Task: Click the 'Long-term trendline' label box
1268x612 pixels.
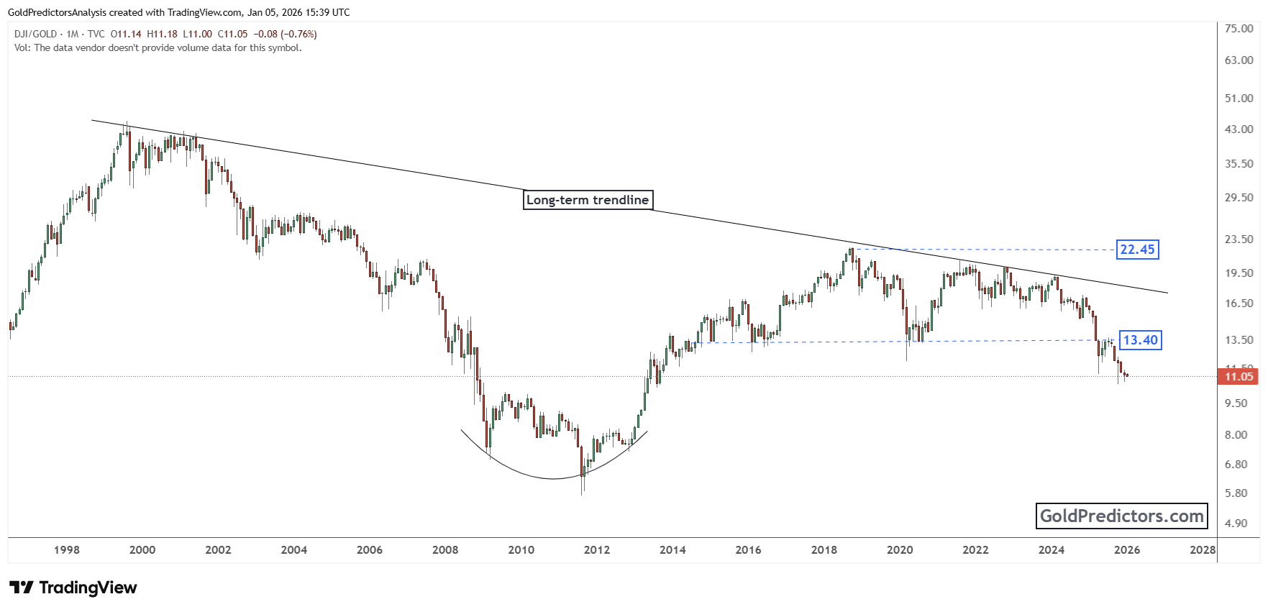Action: pyautogui.click(x=588, y=200)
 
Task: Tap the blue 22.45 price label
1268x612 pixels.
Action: pyautogui.click(x=1137, y=250)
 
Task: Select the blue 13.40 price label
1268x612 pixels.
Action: pyautogui.click(x=1140, y=340)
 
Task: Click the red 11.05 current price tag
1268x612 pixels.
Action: pyautogui.click(x=1238, y=376)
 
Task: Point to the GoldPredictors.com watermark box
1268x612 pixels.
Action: pyautogui.click(x=1121, y=516)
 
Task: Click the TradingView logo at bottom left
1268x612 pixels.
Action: pyautogui.click(x=73, y=588)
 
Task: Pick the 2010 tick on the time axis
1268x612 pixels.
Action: pyautogui.click(x=521, y=550)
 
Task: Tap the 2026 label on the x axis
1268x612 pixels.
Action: pyautogui.click(x=1126, y=550)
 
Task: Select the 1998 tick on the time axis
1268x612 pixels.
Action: pyautogui.click(x=67, y=550)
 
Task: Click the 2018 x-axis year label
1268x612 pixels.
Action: pyautogui.click(x=824, y=550)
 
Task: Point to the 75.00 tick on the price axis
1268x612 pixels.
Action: pyautogui.click(x=1239, y=28)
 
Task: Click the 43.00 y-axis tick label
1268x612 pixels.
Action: pyautogui.click(x=1239, y=129)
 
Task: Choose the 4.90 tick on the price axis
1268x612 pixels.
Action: pyautogui.click(x=1236, y=523)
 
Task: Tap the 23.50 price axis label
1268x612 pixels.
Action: pyautogui.click(x=1239, y=239)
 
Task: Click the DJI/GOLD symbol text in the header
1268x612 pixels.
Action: pyautogui.click(x=35, y=34)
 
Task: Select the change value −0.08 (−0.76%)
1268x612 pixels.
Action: pyautogui.click(x=287, y=34)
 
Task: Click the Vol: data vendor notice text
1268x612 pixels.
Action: pyautogui.click(x=158, y=48)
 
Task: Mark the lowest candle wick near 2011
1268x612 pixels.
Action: pyautogui.click(x=582, y=492)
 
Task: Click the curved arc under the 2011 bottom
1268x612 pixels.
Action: pyautogui.click(x=552, y=478)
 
